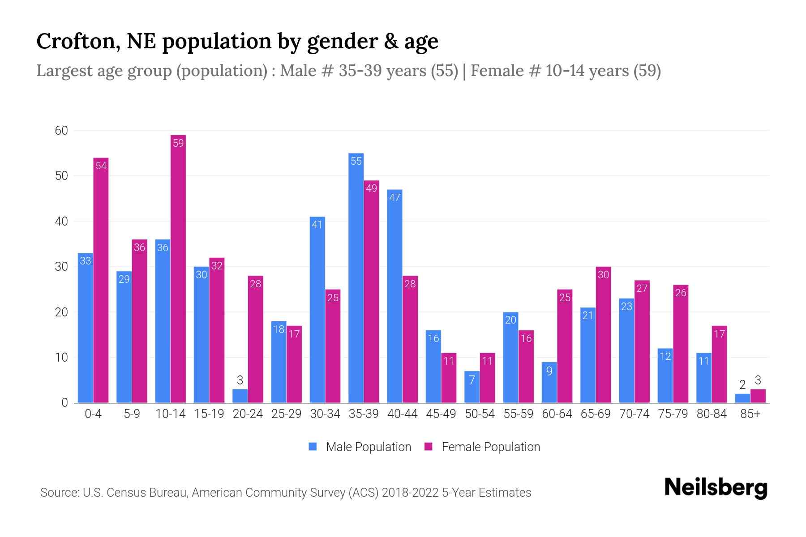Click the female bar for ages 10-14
tap(178, 268)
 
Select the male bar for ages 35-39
tap(356, 277)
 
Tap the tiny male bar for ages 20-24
tap(240, 396)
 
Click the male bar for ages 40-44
tap(394, 295)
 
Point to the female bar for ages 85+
tap(758, 396)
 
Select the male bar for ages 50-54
tap(472, 387)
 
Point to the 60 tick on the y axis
tap(61, 131)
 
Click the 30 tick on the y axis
tap(61, 267)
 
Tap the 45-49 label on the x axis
tap(441, 414)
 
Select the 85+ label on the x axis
tap(750, 414)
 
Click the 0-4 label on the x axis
tap(93, 414)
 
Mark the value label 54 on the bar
tap(101, 166)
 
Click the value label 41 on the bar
tap(317, 225)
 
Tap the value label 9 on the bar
tap(549, 371)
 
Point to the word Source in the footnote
tap(59, 493)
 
